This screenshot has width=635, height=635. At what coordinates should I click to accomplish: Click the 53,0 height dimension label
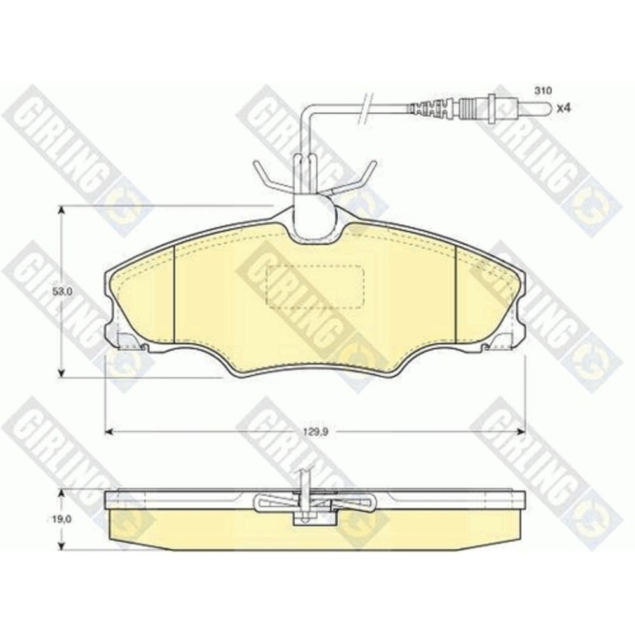[62, 291]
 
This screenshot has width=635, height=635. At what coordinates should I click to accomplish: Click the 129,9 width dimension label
[315, 432]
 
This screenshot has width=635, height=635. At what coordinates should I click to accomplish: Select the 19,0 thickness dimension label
[62, 519]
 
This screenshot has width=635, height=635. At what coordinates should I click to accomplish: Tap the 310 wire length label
[543, 91]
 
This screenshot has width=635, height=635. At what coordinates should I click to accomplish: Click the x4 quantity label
[563, 108]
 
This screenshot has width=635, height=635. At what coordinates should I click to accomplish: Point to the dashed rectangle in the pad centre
[315, 287]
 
